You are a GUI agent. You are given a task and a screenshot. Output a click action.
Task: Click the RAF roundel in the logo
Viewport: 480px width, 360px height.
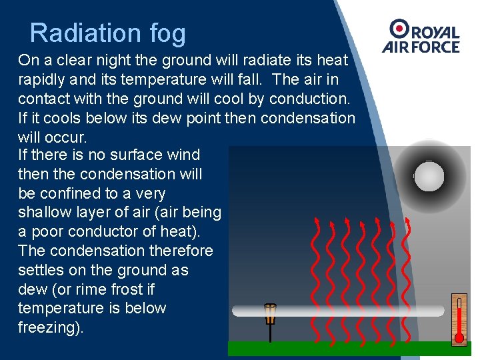(400, 29)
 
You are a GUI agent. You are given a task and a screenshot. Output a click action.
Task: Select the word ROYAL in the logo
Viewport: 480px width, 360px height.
(434, 33)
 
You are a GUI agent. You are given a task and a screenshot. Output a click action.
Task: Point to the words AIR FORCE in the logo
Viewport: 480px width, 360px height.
(421, 47)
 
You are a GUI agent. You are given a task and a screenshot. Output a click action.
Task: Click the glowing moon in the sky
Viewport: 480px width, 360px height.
(429, 176)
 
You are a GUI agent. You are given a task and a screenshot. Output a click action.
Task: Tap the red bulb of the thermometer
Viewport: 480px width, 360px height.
(459, 338)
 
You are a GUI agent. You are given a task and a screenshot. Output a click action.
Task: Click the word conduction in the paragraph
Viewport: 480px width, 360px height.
(313, 99)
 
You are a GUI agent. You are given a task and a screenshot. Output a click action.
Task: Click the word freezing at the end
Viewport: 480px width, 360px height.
(49, 328)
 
